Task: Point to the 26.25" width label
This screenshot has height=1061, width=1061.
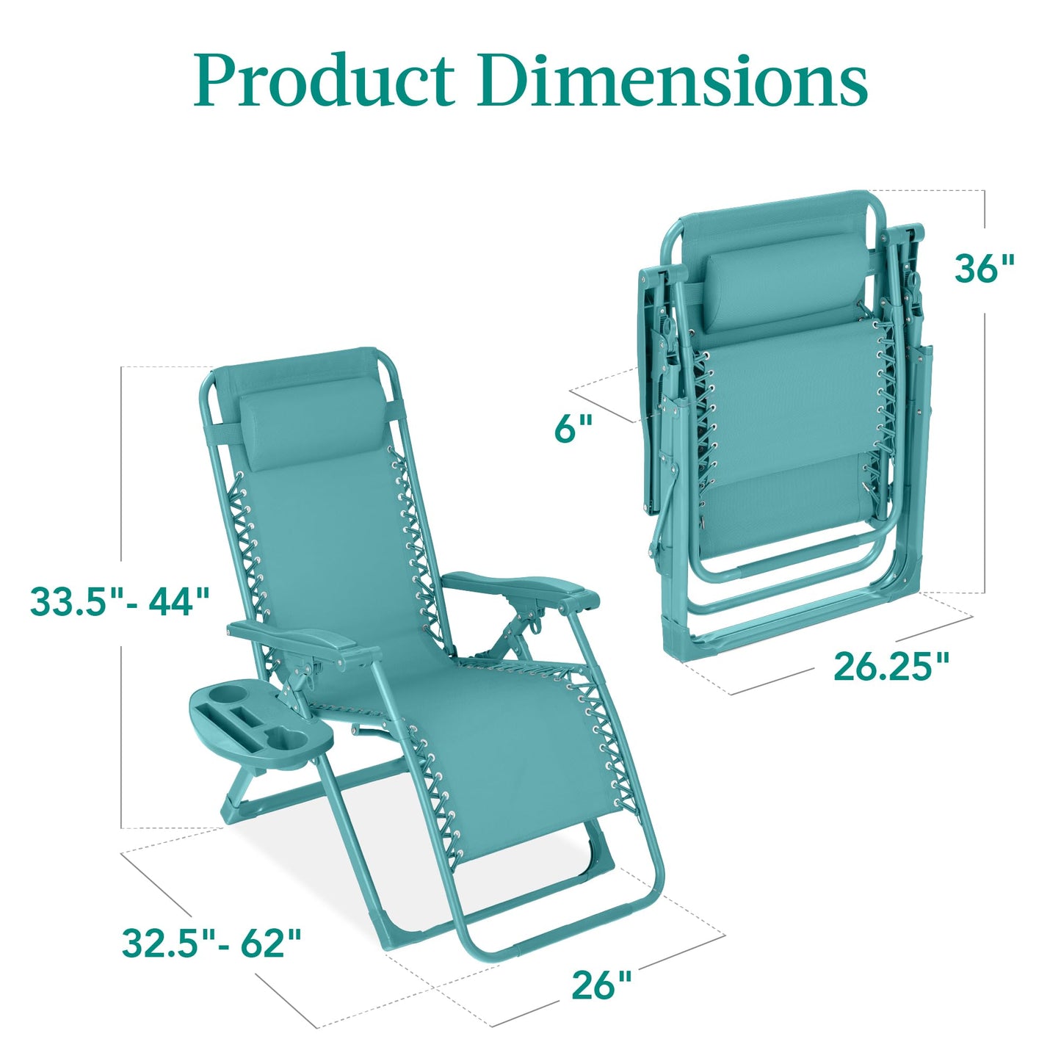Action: click(x=891, y=667)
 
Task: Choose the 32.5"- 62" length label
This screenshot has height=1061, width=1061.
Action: click(x=211, y=944)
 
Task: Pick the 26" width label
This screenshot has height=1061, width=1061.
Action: click(x=601, y=985)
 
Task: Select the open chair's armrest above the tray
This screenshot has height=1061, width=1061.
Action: click(x=301, y=640)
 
